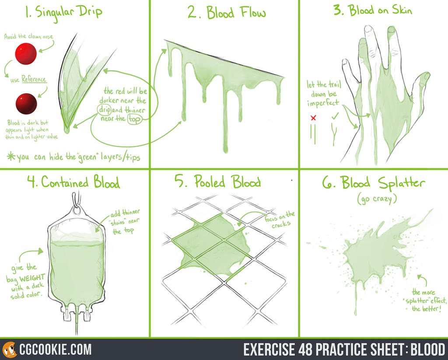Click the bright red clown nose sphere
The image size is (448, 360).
click(26, 54)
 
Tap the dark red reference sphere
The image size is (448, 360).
click(26, 103)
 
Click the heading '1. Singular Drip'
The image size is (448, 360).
click(63, 11)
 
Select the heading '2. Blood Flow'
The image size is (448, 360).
click(226, 13)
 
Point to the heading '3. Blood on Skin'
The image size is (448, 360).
click(372, 10)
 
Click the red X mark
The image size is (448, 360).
click(313, 118)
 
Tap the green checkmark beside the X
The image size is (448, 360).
click(335, 117)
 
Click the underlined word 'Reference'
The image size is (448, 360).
click(34, 79)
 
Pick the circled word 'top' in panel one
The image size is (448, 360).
click(134, 119)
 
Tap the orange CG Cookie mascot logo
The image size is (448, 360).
click(9, 349)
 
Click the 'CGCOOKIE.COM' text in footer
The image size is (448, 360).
click(55, 349)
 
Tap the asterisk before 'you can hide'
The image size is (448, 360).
click(11, 156)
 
